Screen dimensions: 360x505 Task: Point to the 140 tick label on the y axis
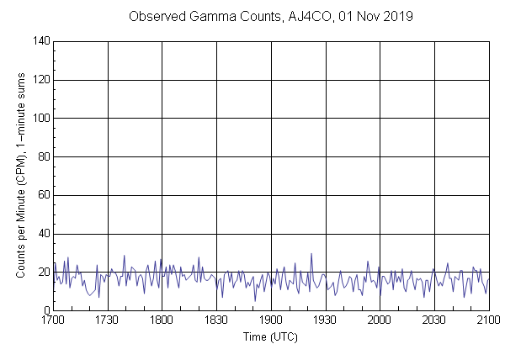[x=40, y=40]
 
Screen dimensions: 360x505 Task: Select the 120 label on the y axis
[x=40, y=80]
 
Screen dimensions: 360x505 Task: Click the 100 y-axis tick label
[x=40, y=119]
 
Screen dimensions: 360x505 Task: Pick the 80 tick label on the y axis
[x=43, y=157]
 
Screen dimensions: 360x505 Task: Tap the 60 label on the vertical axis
[x=43, y=196]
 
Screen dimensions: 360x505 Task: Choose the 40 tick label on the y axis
[x=43, y=235]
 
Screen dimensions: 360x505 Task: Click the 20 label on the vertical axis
[x=43, y=273]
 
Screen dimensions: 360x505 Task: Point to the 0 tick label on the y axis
[x=45, y=312]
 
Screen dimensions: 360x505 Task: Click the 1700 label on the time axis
[x=52, y=320]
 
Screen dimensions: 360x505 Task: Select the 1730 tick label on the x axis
[x=107, y=320]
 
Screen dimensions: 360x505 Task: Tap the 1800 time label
[x=162, y=320]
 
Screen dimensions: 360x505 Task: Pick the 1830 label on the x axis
[x=216, y=320]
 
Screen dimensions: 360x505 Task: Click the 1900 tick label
[x=271, y=320]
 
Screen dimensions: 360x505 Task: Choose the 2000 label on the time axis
[x=380, y=320]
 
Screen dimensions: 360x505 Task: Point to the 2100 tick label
[x=488, y=320]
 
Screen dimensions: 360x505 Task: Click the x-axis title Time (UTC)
[x=270, y=336]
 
